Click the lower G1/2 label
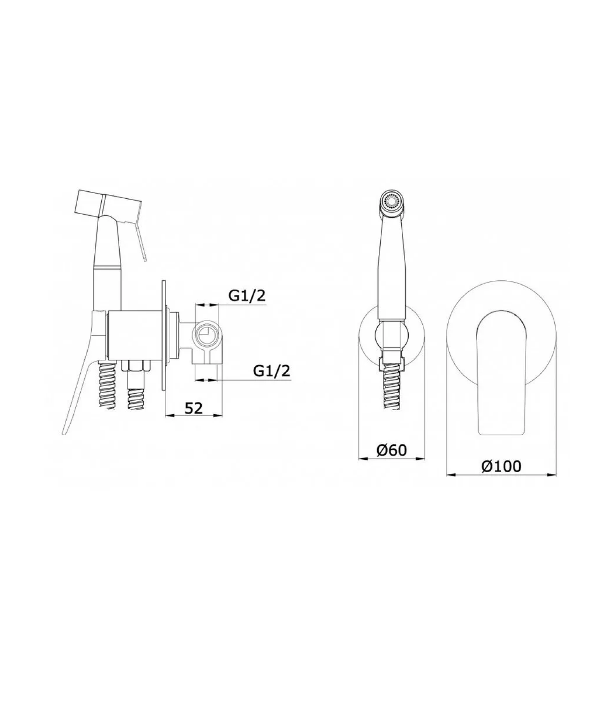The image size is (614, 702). (x=272, y=371)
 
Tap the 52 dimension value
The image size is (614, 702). (x=193, y=408)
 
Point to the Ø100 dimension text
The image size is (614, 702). (x=501, y=466)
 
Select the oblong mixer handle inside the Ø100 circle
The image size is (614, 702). (x=500, y=374)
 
